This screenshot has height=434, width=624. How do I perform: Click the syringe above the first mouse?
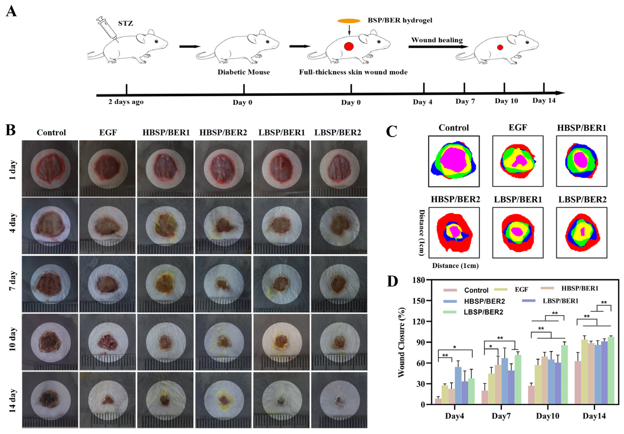(107, 28)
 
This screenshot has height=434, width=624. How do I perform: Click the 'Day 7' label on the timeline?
(465, 101)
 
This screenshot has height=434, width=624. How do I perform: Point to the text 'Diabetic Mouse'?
(243, 72)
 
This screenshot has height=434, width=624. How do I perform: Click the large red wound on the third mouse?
(349, 46)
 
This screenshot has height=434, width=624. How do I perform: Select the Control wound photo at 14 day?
(50, 399)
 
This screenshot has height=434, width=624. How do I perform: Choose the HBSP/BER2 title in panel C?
(455, 199)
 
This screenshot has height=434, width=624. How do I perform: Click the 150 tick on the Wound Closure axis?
(419, 301)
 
